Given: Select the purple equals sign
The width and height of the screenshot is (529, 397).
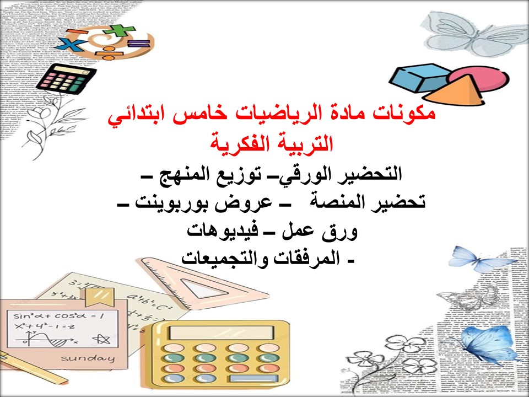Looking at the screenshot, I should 138,46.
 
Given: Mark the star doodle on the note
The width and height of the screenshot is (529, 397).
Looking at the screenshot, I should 100,339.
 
